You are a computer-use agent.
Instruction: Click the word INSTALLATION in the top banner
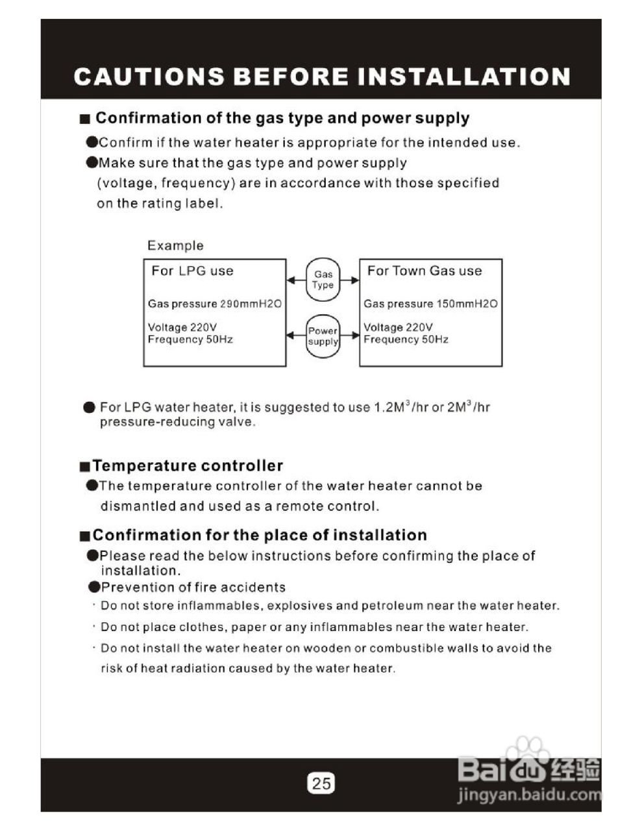pos(464,77)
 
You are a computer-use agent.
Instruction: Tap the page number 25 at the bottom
pos(321,782)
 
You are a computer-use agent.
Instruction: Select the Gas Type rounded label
pos(323,280)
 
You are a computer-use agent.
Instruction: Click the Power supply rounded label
pos(323,336)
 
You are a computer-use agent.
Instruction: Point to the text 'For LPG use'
pos(192,271)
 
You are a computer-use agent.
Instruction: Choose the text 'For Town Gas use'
pos(425,271)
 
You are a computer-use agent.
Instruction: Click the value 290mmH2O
pos(251,304)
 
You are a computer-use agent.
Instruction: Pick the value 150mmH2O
pos(467,304)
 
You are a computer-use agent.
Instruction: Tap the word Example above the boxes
pos(175,245)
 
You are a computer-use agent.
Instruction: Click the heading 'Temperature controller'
pos(188,465)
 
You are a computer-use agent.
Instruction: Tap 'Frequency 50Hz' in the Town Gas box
pos(406,340)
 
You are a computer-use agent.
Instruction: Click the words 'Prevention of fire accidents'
pos(193,588)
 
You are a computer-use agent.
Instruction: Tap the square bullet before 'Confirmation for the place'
pos(84,536)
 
